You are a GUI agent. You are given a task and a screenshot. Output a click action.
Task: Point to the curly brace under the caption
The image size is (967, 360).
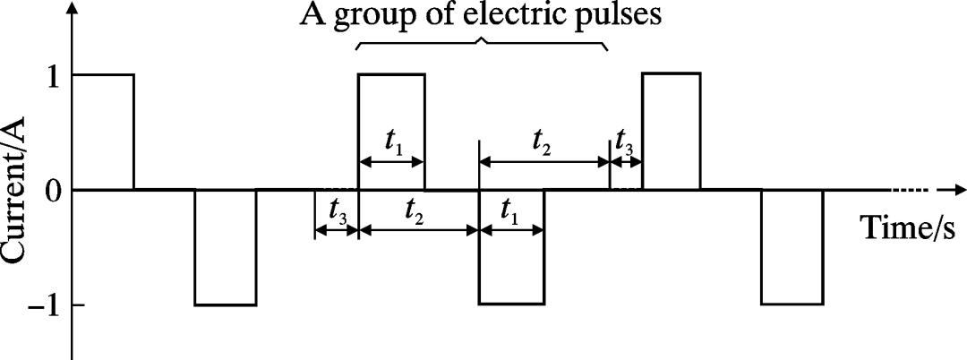pos(482,42)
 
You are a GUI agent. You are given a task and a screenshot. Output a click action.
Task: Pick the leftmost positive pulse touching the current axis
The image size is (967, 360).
pos(104,132)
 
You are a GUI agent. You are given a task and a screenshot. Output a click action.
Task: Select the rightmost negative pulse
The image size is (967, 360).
pos(792,247)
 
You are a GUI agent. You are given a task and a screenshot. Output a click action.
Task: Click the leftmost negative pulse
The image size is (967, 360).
pos(226,247)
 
